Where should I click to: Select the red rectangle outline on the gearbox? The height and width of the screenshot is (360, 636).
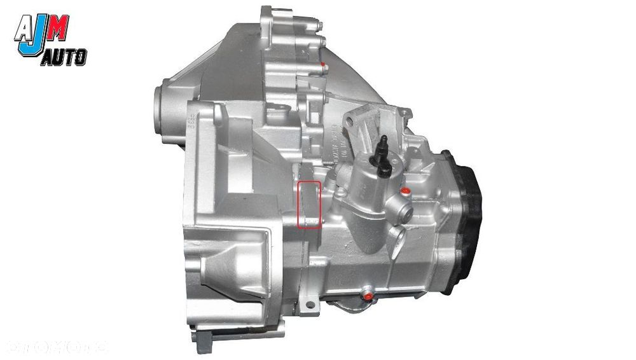(x=310, y=204)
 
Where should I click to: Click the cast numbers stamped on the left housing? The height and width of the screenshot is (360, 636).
(x=189, y=119)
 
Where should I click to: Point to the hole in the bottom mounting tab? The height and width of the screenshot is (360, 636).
(x=310, y=306)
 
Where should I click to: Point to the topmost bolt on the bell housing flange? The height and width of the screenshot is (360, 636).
(x=319, y=26)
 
